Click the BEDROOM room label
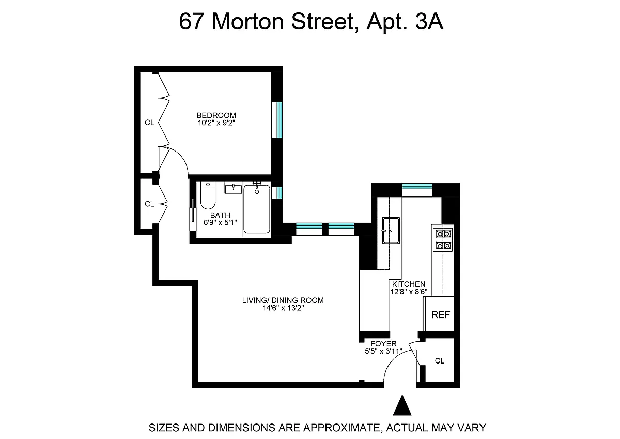pos(216,115)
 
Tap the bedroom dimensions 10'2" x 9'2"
pos(216,123)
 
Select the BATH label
pos(220,215)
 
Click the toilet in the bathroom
pos(208,195)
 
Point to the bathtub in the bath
pos(257,209)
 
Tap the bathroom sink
pos(233,188)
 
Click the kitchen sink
pos(391,231)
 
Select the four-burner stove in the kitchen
pos(443,239)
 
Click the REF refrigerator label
pos(441,314)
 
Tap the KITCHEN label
pos(409,284)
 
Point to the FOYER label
pos(383,344)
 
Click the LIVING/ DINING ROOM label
pos(283,300)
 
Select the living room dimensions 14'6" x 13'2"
pos(283,308)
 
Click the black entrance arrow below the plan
pos(402,405)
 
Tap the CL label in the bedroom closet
pos(149,123)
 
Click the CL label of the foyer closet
pos(440,360)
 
